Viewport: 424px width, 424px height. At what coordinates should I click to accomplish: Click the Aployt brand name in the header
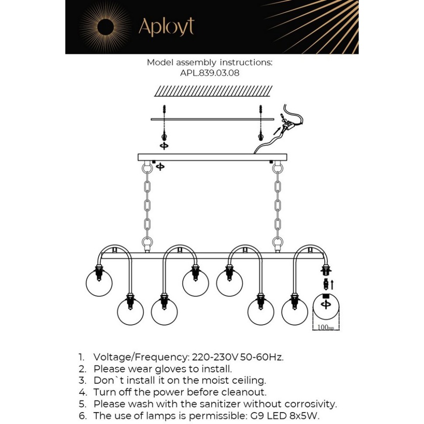(166, 27)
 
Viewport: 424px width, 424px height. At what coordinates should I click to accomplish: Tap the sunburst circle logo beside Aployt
(105, 27)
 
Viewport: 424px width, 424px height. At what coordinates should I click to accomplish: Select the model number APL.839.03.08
(210, 73)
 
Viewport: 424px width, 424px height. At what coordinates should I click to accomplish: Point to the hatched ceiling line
(213, 91)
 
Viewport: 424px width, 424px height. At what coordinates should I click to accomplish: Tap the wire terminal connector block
(287, 122)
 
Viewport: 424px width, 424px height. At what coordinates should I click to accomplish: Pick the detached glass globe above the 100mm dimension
(326, 307)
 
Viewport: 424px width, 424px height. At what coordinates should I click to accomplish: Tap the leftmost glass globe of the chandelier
(99, 283)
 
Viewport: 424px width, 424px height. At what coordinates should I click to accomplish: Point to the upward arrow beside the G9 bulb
(332, 285)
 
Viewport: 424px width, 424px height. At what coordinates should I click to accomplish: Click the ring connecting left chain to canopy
(147, 168)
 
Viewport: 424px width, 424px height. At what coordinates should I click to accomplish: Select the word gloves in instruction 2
(165, 369)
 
